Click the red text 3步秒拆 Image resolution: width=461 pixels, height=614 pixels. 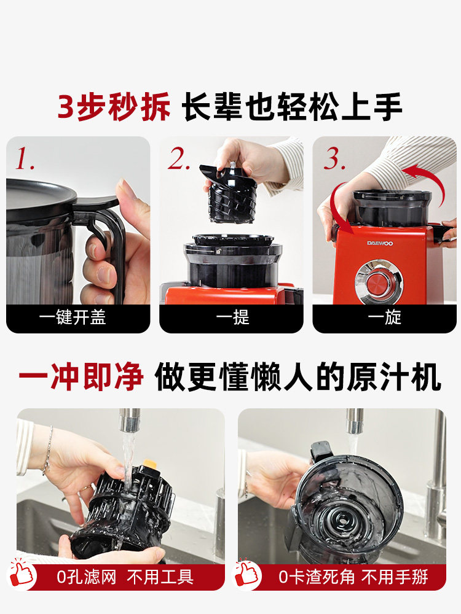pyautogui.click(x=114, y=106)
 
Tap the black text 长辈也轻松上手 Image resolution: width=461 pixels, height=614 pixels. pyautogui.click(x=293, y=106)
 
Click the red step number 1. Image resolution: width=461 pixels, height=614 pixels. pyautogui.click(x=25, y=158)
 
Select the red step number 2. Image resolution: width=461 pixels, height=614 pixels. pyautogui.click(x=179, y=158)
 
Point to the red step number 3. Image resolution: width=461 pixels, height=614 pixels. pyautogui.click(x=334, y=158)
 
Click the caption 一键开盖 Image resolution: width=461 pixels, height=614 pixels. pyautogui.click(x=73, y=317)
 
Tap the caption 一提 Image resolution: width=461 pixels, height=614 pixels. pyautogui.click(x=232, y=317)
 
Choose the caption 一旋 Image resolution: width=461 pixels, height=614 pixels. pyautogui.click(x=385, y=317)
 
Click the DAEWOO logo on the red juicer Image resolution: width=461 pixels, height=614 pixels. pyautogui.click(x=379, y=243)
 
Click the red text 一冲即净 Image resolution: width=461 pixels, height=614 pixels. pyautogui.click(x=81, y=377)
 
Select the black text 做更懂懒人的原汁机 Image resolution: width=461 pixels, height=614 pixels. pyautogui.click(x=298, y=377)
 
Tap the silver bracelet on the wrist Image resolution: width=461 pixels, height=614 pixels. pyautogui.click(x=48, y=450)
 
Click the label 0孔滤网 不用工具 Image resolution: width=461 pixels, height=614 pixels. pyautogui.click(x=125, y=577)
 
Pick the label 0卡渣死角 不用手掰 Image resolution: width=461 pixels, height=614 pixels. pyautogui.click(x=353, y=577)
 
